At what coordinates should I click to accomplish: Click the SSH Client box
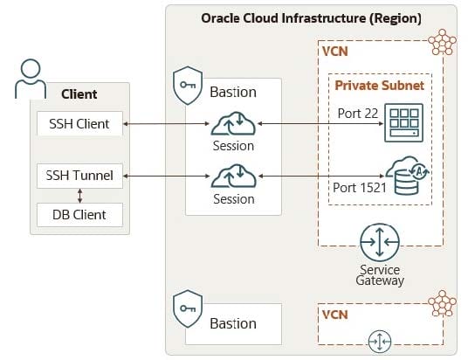(79, 124)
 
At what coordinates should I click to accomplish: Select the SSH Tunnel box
(79, 176)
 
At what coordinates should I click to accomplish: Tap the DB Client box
(79, 215)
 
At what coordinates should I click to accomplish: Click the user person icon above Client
(31, 79)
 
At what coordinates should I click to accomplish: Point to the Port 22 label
(358, 114)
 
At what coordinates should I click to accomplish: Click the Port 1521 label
(360, 188)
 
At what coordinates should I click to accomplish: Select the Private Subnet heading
(379, 86)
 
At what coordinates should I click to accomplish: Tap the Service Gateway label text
(380, 275)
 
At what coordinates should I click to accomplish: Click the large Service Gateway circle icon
(380, 242)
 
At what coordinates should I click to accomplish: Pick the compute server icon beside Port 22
(404, 122)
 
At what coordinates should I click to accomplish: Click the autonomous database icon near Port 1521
(408, 176)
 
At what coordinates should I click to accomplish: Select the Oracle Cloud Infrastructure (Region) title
(312, 18)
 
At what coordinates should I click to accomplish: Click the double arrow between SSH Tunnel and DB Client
(79, 196)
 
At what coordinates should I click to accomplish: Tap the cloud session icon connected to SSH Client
(233, 123)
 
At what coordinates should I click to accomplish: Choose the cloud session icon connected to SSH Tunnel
(233, 176)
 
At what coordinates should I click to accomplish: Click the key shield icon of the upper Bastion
(188, 86)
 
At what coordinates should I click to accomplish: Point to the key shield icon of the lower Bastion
(188, 309)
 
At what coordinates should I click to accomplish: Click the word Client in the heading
(79, 94)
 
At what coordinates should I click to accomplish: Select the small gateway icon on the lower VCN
(380, 341)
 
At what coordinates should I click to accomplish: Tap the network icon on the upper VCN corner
(442, 42)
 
